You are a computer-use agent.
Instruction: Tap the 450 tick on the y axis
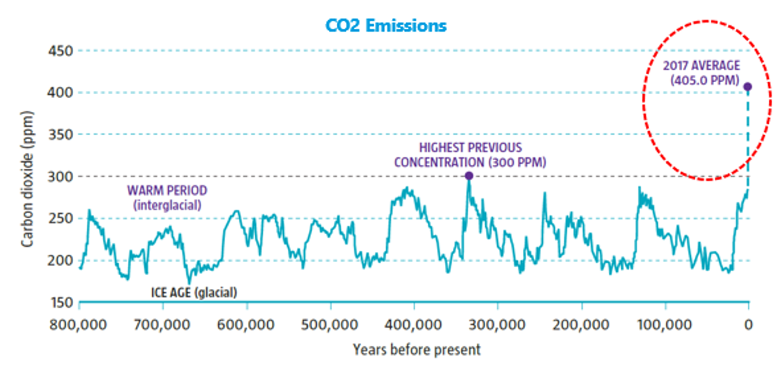pyautogui.click(x=61, y=51)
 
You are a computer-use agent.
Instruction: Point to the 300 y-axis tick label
pyautogui.click(x=61, y=176)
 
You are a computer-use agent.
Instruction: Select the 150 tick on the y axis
pyautogui.click(x=61, y=303)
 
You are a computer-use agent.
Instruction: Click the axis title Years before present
pyautogui.click(x=416, y=349)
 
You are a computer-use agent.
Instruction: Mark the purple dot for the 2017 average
pyautogui.click(x=748, y=86)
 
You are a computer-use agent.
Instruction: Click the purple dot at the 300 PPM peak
pyautogui.click(x=469, y=176)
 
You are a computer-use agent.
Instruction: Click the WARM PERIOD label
pyautogui.click(x=167, y=192)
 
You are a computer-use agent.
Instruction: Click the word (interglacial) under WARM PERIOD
pyautogui.click(x=167, y=205)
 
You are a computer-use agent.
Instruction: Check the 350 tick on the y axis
pyautogui.click(x=61, y=135)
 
